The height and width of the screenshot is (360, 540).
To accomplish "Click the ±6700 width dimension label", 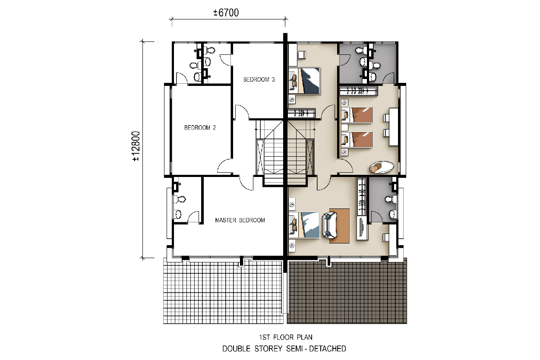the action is click(x=226, y=13).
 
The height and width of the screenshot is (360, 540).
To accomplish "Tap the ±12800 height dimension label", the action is click(x=136, y=146).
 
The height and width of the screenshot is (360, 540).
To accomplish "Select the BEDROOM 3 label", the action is click(x=259, y=79).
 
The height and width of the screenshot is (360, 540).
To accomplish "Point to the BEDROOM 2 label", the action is click(x=200, y=128).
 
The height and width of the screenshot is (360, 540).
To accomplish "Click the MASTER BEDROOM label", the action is click(x=240, y=220).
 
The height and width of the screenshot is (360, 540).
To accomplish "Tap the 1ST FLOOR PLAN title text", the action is click(x=286, y=337).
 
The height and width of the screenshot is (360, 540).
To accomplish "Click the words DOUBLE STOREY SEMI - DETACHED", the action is click(x=284, y=349).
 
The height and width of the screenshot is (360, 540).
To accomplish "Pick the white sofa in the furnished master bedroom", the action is click(x=329, y=225).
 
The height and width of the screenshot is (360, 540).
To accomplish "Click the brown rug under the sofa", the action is click(x=339, y=226).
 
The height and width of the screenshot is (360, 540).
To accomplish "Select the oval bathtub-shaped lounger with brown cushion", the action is click(x=382, y=167).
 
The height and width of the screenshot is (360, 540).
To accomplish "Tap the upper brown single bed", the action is click(x=357, y=115).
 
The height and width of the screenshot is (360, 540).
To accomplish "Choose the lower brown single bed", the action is click(x=357, y=139).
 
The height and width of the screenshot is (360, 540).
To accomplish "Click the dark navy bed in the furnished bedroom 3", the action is click(x=304, y=81).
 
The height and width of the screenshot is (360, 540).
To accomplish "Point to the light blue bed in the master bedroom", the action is click(x=304, y=225).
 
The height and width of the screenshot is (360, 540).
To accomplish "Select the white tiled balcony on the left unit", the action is click(x=223, y=291).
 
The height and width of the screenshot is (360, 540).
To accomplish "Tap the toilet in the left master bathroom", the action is click(x=179, y=199).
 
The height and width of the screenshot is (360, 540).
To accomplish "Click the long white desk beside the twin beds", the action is click(x=393, y=127).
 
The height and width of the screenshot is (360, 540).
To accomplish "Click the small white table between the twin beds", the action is click(x=344, y=127).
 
